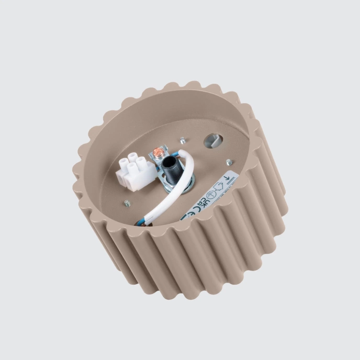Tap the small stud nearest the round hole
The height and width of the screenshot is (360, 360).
[182, 140]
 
